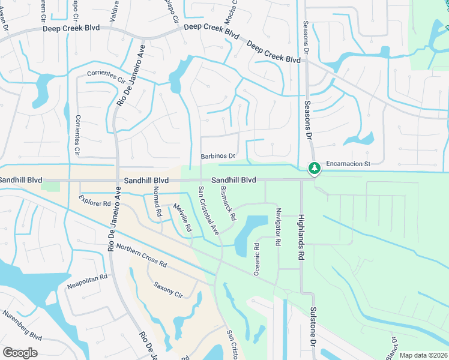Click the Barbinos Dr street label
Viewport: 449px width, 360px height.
217,157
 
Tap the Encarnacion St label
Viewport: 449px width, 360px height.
349,163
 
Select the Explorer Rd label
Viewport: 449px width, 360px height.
95,203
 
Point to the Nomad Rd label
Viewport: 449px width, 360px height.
157,201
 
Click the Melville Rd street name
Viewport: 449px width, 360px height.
182,218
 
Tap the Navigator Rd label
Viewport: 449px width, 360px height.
277,227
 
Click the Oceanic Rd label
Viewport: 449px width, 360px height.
256,258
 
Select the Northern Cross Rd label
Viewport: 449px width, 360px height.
141,255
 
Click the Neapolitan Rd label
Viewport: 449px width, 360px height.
87,279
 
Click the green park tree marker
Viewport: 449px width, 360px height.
313,169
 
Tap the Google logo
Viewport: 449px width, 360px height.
20,353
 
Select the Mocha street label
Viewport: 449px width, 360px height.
231,11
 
